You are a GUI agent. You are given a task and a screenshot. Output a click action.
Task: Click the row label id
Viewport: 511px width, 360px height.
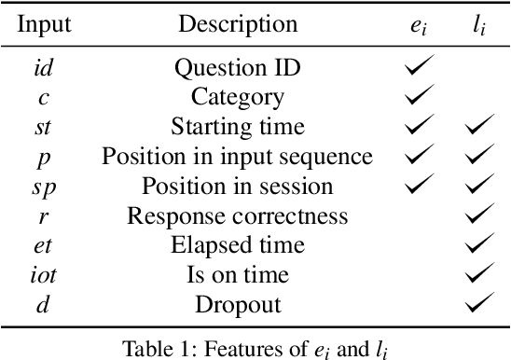point(44,67)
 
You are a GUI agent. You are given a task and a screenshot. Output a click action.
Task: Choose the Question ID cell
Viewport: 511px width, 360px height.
point(237,67)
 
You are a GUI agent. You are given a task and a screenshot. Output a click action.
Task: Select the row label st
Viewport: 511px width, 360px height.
point(44,126)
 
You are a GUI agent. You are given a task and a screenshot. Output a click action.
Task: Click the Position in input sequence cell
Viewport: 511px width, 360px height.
point(237,157)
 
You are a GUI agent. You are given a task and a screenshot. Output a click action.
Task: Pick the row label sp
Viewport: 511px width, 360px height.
point(44,187)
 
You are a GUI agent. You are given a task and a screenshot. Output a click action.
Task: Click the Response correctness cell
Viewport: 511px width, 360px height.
point(237,216)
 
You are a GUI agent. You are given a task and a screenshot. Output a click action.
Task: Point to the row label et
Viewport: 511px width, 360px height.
point(44,246)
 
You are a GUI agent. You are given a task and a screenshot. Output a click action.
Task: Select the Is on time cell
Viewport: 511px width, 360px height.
point(237,276)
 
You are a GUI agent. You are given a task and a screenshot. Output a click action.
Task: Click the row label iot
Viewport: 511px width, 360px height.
point(44,276)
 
